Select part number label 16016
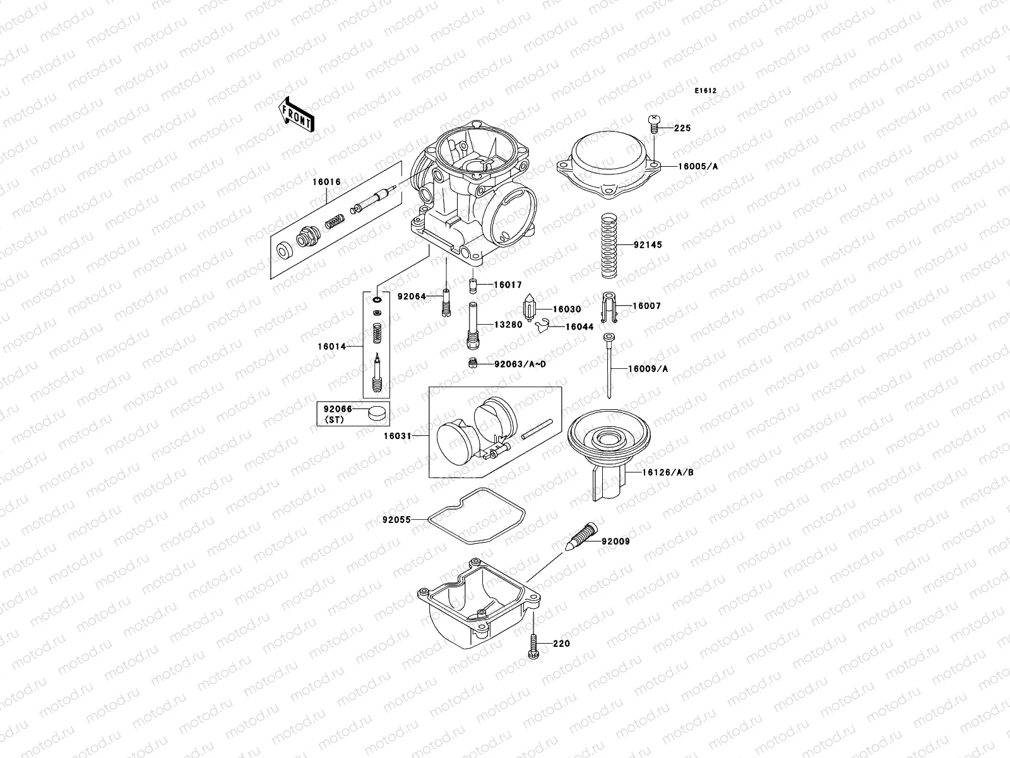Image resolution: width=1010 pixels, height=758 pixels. tap(326, 182)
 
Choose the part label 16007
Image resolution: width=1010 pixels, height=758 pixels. tap(647, 306)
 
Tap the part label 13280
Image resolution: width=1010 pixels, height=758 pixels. tap(508, 325)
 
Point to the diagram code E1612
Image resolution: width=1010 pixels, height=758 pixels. tap(706, 91)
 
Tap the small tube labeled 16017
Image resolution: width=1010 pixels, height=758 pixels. tap(471, 286)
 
